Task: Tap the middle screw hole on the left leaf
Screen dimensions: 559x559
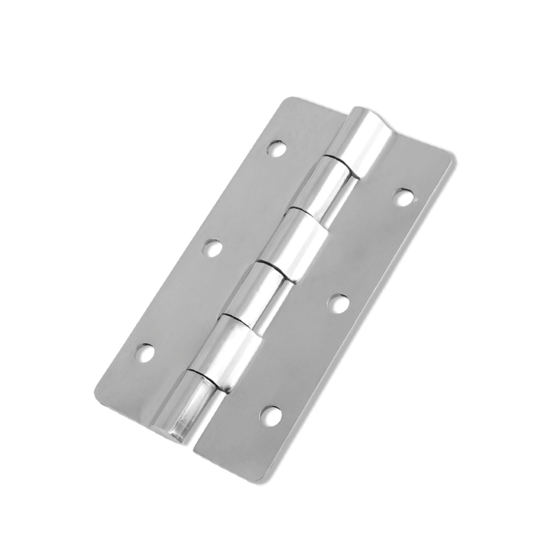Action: (213, 247)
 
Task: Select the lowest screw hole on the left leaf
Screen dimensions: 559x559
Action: (145, 352)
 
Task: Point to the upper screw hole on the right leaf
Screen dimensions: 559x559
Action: (403, 197)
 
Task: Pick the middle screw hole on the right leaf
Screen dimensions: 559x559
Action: (338, 303)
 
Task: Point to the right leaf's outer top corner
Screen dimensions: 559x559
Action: (452, 157)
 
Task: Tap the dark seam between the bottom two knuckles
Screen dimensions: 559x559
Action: (204, 377)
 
